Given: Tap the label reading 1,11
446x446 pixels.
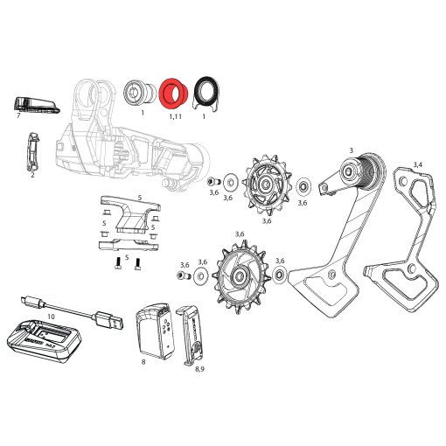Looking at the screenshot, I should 175,115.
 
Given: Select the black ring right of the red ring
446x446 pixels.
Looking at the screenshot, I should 206,90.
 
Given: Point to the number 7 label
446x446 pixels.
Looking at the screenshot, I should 18,115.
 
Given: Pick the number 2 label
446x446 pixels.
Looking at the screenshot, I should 32,175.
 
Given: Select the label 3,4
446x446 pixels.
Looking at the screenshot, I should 418,164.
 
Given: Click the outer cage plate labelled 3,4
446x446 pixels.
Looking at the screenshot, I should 411,236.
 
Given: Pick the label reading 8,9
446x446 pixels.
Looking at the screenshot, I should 200,369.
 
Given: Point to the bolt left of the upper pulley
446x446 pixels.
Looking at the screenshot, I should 211,182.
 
